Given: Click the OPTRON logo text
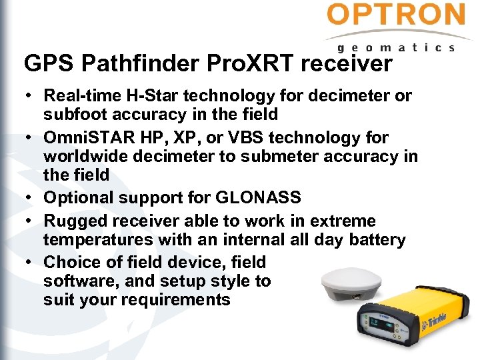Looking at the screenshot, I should pyautogui.click(x=396, y=15).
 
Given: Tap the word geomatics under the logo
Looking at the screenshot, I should pyautogui.click(x=396, y=47).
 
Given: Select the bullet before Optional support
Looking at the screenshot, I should pyautogui.click(x=30, y=198).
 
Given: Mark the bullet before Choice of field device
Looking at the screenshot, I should pyautogui.click(x=30, y=263).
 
